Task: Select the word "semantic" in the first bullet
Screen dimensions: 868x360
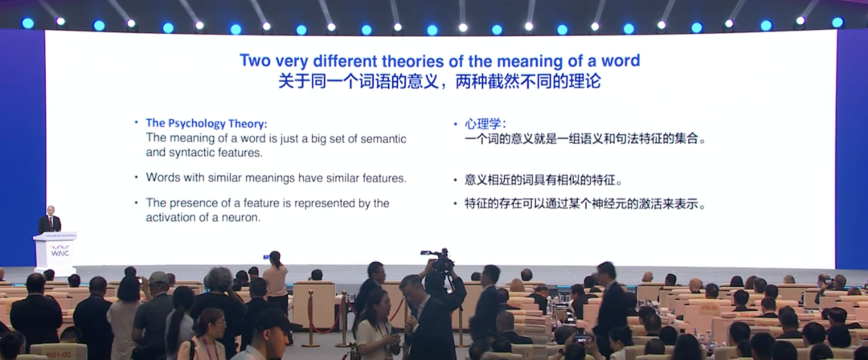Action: [x=383, y=138]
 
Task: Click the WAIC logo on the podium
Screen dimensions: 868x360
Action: [x=59, y=251]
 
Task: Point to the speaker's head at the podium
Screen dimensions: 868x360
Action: [x=51, y=211]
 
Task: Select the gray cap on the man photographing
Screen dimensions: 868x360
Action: [x=158, y=277]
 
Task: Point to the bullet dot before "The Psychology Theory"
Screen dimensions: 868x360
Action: [x=137, y=122]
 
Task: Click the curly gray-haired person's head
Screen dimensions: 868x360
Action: [x=220, y=279]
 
